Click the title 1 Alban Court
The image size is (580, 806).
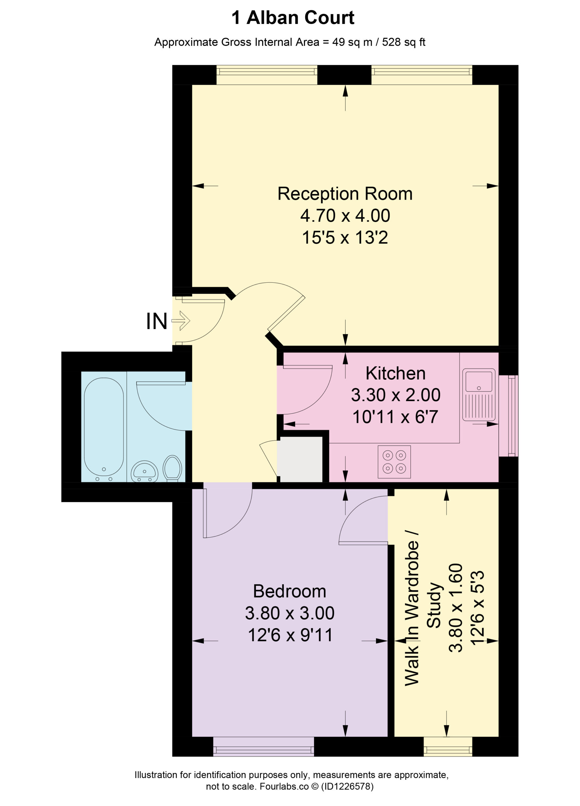[293, 18]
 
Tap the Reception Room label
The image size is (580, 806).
[345, 194]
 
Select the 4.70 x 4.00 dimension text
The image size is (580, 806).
[345, 215]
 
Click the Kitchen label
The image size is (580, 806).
[395, 373]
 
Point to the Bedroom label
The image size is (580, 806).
[290, 591]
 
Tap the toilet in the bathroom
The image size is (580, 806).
[172, 468]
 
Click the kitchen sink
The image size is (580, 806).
[479, 394]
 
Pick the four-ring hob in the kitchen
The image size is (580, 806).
[394, 462]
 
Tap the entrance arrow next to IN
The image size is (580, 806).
[181, 321]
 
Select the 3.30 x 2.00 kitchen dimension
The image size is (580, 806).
[396, 395]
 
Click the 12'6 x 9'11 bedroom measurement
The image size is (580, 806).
[290, 635]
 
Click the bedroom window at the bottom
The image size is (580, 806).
[263, 746]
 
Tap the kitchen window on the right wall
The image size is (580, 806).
[509, 416]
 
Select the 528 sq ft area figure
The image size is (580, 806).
[403, 42]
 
